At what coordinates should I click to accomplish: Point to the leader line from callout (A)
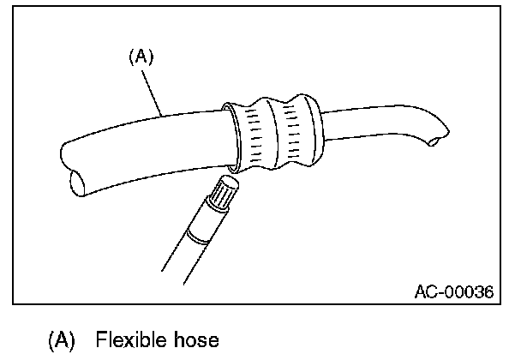click(153, 91)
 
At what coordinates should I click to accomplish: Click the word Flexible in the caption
click(150, 339)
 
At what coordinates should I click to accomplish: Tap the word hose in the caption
click(199, 339)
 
